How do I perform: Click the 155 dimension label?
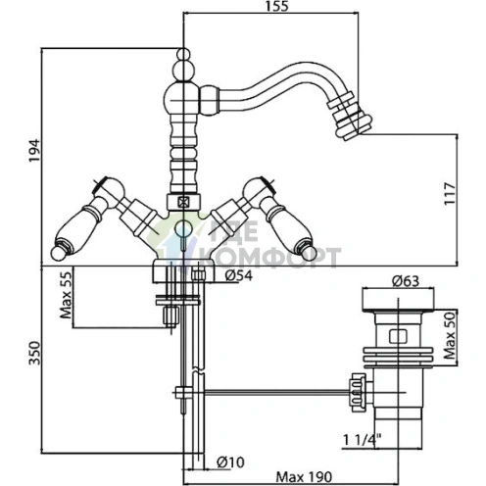(276, 6)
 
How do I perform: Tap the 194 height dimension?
(34, 150)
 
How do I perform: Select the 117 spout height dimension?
(450, 193)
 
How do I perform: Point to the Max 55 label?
(66, 295)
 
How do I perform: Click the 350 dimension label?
(34, 353)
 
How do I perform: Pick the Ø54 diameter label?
(239, 276)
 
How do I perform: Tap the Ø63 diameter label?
(406, 281)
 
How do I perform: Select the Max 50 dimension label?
(450, 335)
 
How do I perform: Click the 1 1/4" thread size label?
(363, 440)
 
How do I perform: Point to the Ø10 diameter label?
(230, 462)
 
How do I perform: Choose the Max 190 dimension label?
(304, 477)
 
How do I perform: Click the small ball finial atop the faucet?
(183, 54)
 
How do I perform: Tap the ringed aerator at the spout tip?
(349, 117)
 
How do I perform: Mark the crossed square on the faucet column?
(183, 203)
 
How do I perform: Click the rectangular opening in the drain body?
(398, 336)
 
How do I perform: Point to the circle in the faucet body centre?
(183, 228)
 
